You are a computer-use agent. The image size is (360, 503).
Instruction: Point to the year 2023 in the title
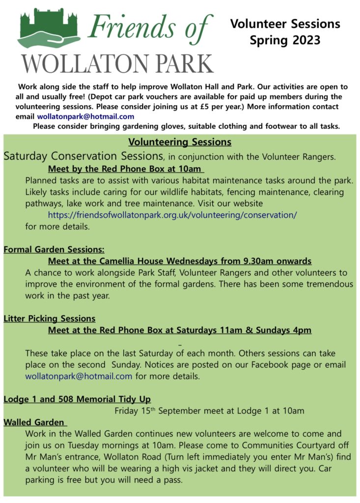(x=303, y=40)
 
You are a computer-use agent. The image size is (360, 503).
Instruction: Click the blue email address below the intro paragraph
(x=85, y=116)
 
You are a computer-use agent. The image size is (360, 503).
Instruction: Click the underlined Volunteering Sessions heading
(x=180, y=142)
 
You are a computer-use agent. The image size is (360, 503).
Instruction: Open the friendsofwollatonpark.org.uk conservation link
(x=172, y=215)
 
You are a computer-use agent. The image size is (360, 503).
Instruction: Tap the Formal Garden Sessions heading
(x=54, y=249)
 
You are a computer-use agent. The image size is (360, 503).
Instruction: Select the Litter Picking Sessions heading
(x=50, y=318)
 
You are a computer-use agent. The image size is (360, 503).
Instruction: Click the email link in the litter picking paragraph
(x=79, y=376)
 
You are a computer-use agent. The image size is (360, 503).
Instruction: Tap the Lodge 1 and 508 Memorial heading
(x=77, y=399)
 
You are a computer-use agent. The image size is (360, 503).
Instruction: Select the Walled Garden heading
(x=34, y=422)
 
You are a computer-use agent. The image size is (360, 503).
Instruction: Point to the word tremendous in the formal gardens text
(x=325, y=284)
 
